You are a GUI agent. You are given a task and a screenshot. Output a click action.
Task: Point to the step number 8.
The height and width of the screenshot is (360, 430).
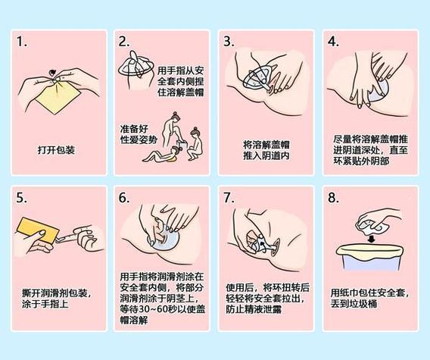[x=332, y=199]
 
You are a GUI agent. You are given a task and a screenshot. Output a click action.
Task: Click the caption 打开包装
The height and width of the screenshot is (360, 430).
[x=56, y=149]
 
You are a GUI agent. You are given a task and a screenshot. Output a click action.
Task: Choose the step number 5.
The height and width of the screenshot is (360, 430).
[x=21, y=199]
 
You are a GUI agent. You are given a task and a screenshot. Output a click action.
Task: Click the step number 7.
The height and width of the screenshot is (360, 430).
[x=229, y=199]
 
